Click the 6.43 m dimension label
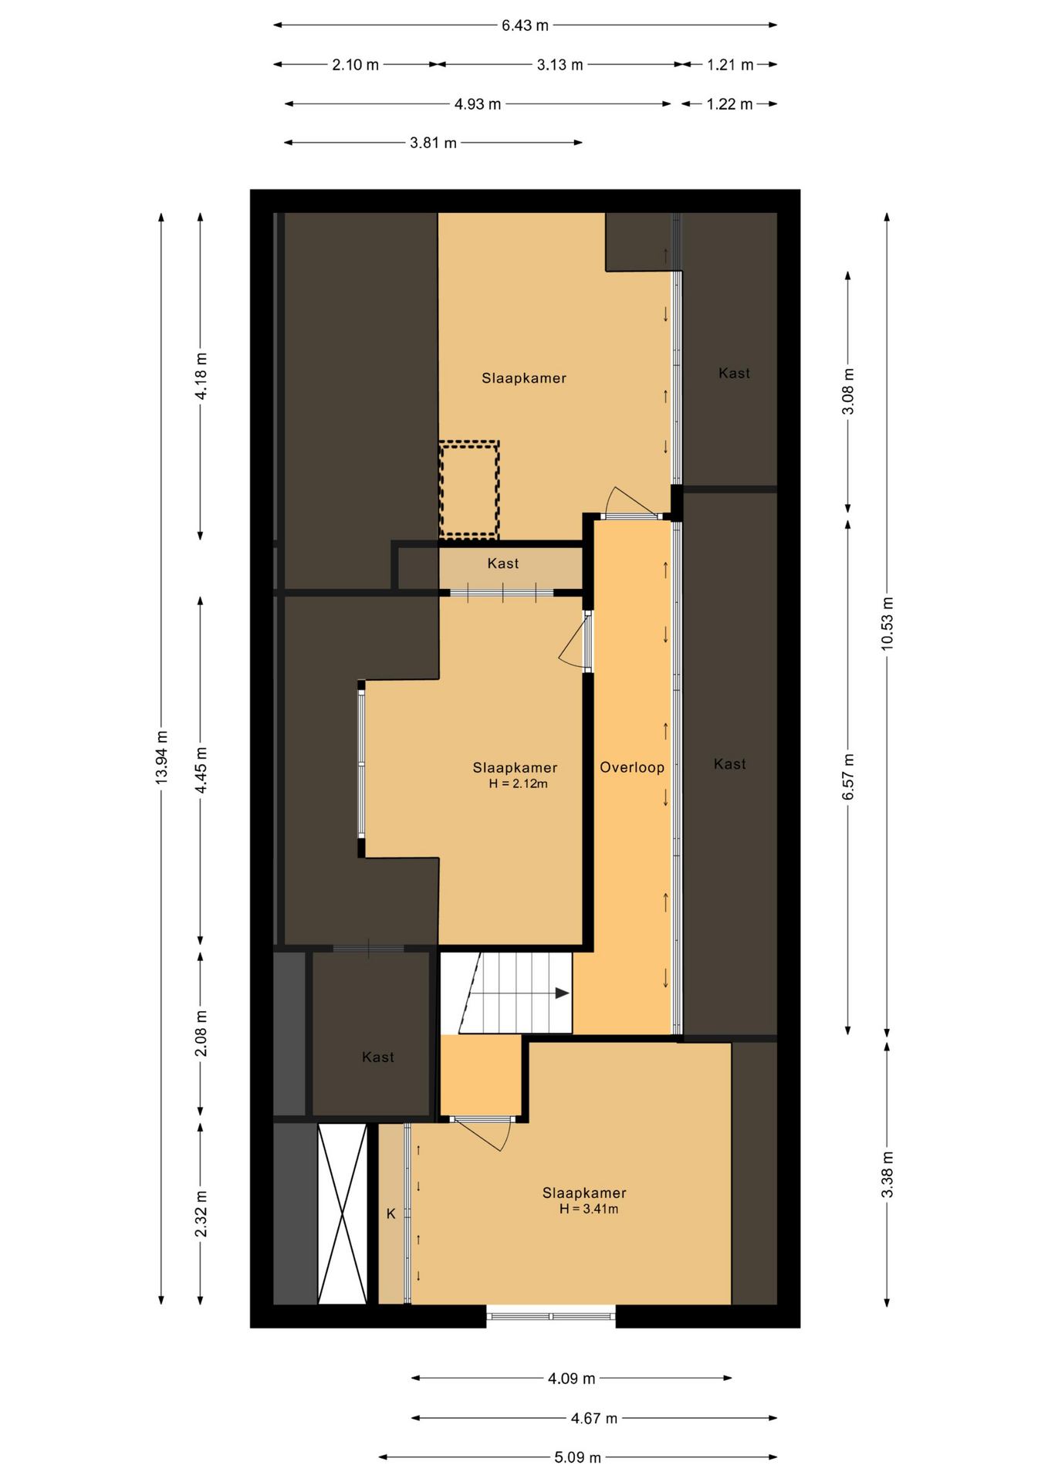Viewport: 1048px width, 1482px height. (525, 25)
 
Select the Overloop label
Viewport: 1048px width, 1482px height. (632, 767)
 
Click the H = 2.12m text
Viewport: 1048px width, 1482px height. (519, 784)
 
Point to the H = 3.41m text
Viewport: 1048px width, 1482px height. (589, 1210)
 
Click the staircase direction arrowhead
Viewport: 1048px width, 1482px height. (563, 993)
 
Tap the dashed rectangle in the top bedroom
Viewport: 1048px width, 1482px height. (469, 489)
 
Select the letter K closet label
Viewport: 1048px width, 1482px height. (391, 1214)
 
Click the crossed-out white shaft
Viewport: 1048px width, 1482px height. (343, 1214)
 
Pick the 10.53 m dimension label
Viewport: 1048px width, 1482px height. (887, 624)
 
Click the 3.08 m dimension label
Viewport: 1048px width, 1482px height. (848, 391)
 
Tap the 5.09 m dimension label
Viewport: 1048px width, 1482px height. (577, 1457)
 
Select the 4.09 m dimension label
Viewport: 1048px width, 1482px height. (572, 1378)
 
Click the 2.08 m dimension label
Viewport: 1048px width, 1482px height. (201, 1034)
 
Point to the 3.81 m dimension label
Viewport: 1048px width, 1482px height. (433, 143)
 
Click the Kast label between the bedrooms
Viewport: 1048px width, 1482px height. (503, 563)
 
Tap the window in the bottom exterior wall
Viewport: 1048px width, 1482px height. (551, 1315)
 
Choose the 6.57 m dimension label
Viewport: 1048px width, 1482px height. (848, 777)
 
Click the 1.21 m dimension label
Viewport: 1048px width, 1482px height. (730, 65)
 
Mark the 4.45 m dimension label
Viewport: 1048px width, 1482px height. (201, 770)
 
